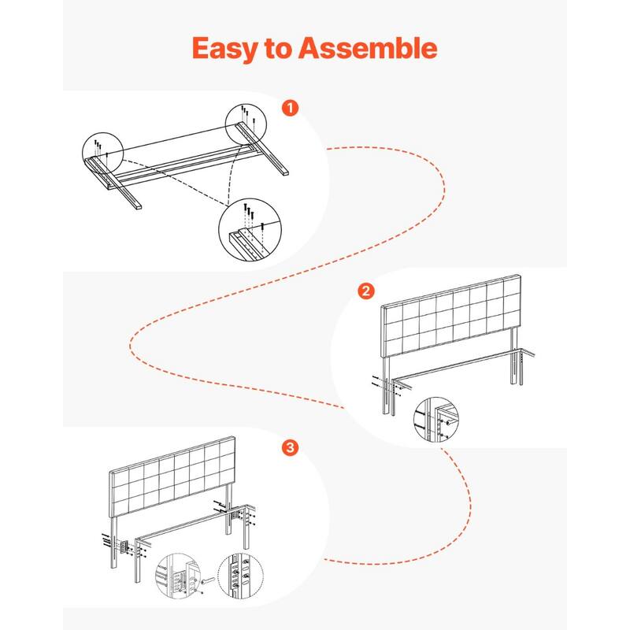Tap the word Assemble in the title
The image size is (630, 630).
coord(367,48)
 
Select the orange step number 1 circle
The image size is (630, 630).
coord(290,108)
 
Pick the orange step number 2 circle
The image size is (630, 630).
coord(365,291)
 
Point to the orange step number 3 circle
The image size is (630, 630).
coord(290,447)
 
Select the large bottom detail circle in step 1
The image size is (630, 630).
coord(250,229)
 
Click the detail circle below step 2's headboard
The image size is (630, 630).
coord(436,420)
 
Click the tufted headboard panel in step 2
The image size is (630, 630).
coord(451,316)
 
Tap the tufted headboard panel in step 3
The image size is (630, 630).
coord(172,477)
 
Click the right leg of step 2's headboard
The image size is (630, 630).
coord(513,356)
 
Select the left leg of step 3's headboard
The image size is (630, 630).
coord(113,542)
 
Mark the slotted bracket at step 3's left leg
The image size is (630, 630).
coord(124,546)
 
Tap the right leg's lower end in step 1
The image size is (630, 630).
coord(283,172)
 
